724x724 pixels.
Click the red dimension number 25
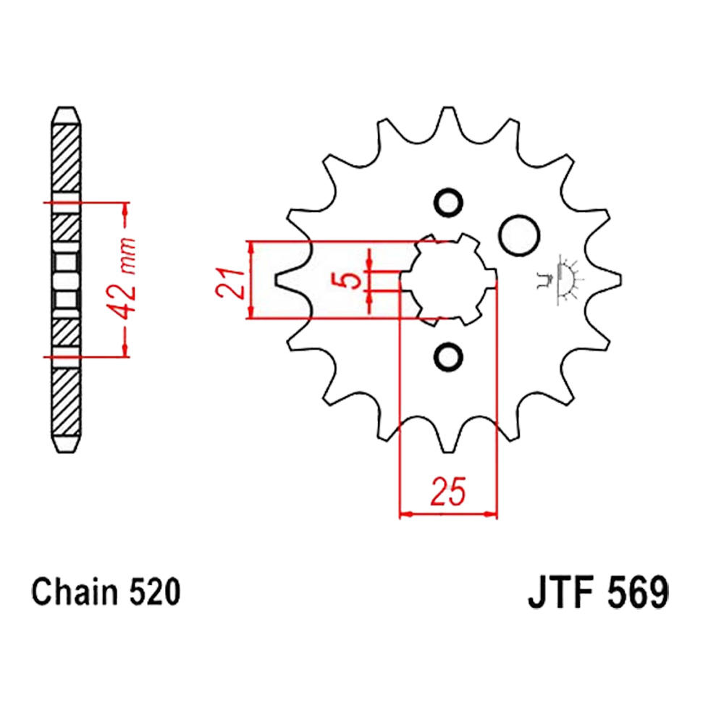tap(448, 491)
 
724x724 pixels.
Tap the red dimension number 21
tap(230, 282)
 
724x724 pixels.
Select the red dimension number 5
tap(351, 279)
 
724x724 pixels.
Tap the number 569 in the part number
tap(637, 592)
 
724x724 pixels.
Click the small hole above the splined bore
tap(448, 203)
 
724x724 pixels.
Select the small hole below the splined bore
tap(448, 357)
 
